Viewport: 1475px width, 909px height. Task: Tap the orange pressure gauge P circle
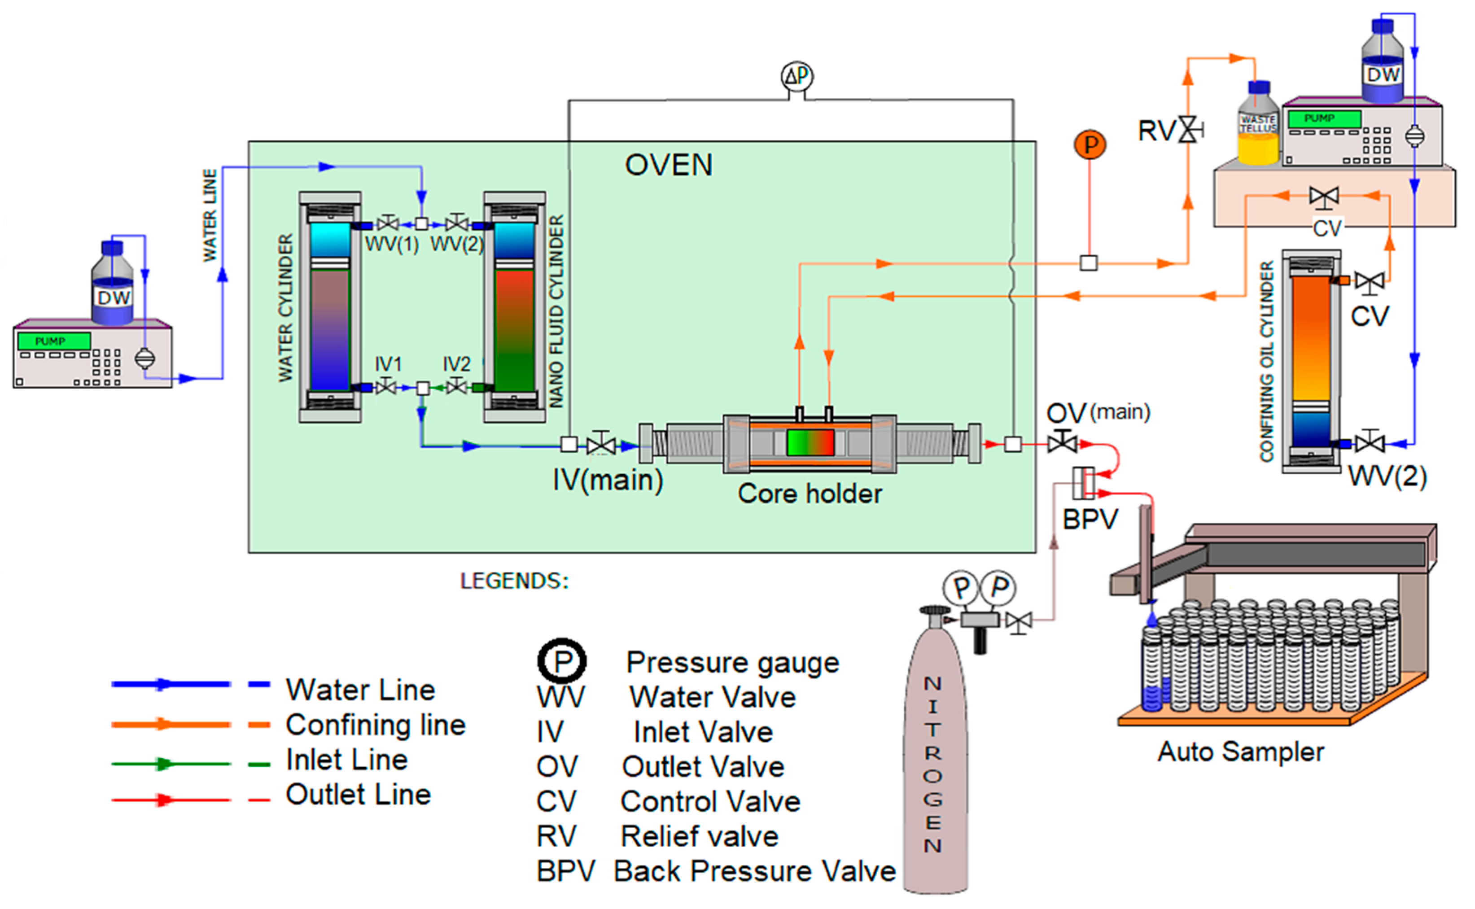1090,145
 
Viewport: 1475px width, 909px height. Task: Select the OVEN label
669,165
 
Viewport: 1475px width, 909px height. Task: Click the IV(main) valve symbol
601,445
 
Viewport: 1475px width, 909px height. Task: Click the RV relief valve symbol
1187,129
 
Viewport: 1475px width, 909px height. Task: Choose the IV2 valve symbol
457,387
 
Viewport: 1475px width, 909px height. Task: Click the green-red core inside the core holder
810,442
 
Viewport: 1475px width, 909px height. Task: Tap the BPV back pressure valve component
1084,483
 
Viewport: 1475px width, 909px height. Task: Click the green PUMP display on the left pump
53,341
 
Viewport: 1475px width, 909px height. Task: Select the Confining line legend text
376,725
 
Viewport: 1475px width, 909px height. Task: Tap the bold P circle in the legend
562,662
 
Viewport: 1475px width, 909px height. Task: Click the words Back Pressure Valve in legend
754,871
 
